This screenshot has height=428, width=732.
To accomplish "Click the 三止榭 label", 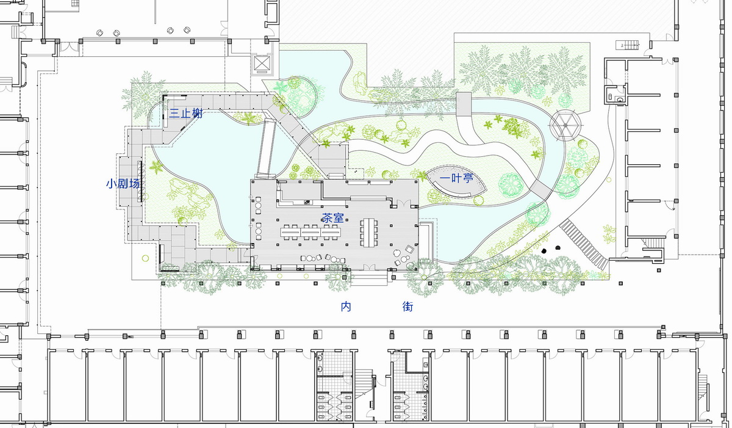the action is [186, 114].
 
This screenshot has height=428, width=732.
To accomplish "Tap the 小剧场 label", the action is [123, 183].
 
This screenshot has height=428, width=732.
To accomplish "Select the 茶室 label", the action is [333, 218].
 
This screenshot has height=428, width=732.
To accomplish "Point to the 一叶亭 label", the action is [456, 178].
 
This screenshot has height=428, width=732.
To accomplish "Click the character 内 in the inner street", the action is [346, 306].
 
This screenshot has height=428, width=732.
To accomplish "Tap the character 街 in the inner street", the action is [408, 306].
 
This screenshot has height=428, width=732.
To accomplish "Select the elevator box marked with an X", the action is [262, 64].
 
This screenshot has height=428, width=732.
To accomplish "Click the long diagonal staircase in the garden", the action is [584, 244].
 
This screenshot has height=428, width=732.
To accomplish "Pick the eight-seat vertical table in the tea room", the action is [368, 232].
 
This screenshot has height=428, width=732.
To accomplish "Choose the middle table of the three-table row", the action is [310, 232].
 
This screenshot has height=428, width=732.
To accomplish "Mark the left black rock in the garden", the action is [544, 251].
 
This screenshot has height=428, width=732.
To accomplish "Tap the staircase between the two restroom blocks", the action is [364, 383].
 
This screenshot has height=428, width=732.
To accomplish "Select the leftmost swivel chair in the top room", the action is [99, 33].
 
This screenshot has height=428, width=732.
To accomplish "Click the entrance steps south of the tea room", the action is [369, 278].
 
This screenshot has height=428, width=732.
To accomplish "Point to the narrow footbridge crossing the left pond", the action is [266, 149].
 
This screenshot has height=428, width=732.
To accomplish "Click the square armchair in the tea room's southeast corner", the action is [409, 250].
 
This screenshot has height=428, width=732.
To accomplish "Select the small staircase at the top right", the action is [628, 45].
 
